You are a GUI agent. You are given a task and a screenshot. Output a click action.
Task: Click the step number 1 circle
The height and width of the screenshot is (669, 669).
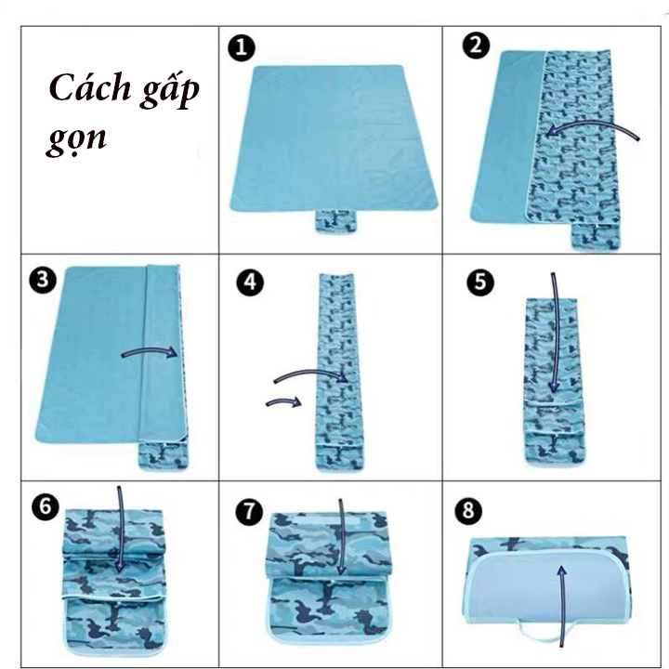tap(241, 47)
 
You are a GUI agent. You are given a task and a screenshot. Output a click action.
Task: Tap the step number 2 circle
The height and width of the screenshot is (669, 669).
tap(476, 46)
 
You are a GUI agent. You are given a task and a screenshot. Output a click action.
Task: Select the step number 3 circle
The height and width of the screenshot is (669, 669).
tap(43, 281)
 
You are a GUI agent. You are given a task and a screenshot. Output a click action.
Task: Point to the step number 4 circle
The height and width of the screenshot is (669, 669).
tap(250, 282)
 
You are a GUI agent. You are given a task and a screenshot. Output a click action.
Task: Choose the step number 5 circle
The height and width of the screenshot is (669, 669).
tap(480, 282)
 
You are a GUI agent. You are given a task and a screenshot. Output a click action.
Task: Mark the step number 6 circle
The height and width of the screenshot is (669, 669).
tap(46, 507)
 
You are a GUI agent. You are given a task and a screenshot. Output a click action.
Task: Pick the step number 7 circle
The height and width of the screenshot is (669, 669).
tap(250, 511)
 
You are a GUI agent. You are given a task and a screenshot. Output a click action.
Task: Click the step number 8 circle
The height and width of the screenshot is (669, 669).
tap(468, 510)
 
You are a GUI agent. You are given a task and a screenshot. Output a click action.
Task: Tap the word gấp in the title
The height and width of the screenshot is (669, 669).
tap(170, 90)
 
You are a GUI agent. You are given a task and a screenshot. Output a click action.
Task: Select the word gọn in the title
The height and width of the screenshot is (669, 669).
tap(76, 139)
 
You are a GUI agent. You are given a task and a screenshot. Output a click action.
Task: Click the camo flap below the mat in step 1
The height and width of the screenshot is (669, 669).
tap(335, 221)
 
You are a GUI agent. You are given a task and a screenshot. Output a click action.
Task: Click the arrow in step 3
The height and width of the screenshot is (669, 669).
tap(150, 350)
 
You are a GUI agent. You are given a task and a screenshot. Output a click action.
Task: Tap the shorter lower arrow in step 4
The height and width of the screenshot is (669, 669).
tap(283, 401)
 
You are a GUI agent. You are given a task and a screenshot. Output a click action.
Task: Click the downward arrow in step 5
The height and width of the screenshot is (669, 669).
tap(554, 333)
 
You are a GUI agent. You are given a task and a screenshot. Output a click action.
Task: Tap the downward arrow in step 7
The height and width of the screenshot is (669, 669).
tap(341, 538)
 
